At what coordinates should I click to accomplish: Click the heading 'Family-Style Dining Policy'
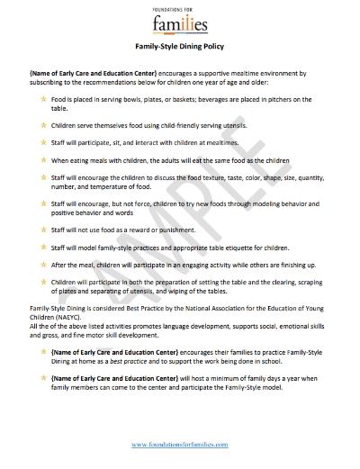point(179,45)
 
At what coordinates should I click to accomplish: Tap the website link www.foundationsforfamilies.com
point(179,445)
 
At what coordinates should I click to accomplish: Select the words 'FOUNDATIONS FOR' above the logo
point(179,6)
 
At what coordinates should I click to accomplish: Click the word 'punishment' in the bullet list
point(198,230)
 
